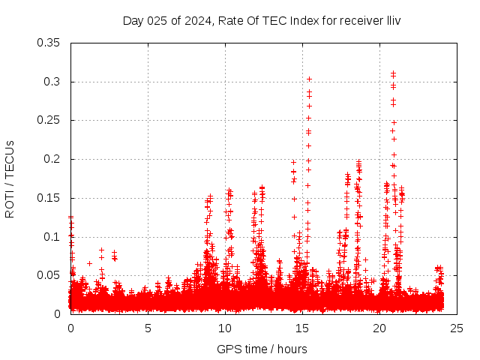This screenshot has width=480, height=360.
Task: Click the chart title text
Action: (x=262, y=20)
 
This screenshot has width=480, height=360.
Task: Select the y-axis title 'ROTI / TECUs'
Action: (x=10, y=178)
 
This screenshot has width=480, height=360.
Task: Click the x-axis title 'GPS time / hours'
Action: (x=262, y=349)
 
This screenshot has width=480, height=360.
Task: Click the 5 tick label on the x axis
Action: (x=148, y=328)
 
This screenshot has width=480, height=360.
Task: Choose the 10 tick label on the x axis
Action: (x=225, y=328)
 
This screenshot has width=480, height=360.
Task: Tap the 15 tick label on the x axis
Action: (x=302, y=328)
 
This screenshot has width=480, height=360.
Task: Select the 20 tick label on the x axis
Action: (x=379, y=328)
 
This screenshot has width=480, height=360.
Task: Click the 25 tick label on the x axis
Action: (x=457, y=328)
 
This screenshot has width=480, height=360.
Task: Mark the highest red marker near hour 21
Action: (x=393, y=73)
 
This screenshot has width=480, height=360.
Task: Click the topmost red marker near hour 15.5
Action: (x=309, y=79)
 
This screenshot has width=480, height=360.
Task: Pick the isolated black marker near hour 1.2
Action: (x=89, y=263)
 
